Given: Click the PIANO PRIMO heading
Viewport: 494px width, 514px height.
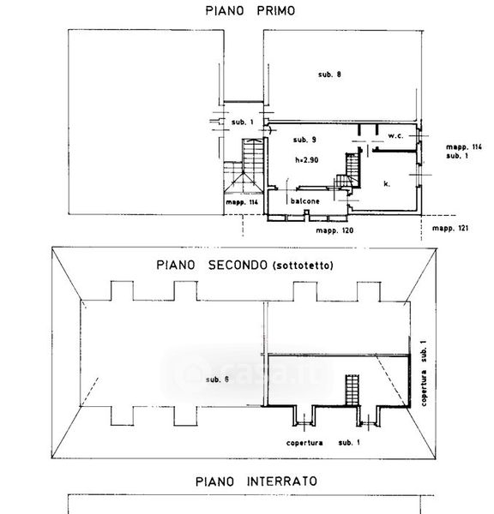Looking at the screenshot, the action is pos(250,11).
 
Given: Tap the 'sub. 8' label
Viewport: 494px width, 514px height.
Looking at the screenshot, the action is pos(329,75).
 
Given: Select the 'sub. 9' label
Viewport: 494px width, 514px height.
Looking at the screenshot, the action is pos(304,140).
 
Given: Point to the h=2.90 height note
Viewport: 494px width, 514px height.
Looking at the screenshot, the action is pos(306,160).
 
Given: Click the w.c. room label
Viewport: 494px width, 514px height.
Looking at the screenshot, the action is pos(396,135).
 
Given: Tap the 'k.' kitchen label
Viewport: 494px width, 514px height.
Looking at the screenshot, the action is pos(387,183).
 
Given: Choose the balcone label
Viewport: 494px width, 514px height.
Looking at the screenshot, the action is pos(305,201).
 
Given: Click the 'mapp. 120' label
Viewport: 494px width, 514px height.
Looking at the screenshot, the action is pos(334,230).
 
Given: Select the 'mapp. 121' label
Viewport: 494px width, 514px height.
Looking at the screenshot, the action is pos(450,228).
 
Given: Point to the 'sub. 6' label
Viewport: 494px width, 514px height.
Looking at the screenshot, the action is pos(217,380).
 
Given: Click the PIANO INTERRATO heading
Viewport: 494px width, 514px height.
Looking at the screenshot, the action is pos(256,481).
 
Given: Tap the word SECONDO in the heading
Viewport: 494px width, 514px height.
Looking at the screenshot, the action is pos(238,265).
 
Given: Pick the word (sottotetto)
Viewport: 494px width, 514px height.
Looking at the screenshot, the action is pos(303,266).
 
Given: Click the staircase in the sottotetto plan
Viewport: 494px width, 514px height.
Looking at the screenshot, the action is pos(352,391).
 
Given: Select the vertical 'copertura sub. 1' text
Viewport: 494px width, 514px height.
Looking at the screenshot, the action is pos(424,374).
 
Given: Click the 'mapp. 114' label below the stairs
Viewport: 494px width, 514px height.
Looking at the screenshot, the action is pos(242,202).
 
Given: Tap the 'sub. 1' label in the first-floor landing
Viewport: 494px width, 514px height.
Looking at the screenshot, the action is pos(243,123).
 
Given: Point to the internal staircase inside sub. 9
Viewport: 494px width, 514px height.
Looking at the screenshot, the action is pos(349,171).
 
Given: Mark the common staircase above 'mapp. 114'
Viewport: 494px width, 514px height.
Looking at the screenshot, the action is pos(244,166).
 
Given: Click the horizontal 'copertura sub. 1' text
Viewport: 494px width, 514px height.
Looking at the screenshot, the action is pos(323,443).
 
